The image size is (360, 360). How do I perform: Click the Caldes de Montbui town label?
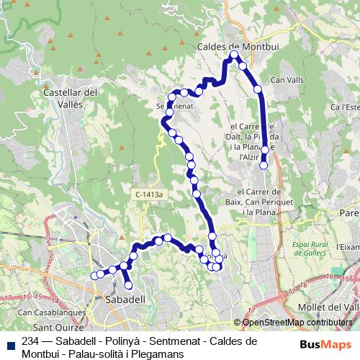pos(237,46)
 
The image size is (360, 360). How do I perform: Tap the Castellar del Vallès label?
pos(71,98)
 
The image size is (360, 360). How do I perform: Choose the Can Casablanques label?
pos(48,312)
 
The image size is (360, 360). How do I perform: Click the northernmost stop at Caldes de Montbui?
pos(234,54)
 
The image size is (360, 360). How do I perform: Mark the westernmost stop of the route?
pos(94,275)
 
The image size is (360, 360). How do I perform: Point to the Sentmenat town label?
pos(173,105)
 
